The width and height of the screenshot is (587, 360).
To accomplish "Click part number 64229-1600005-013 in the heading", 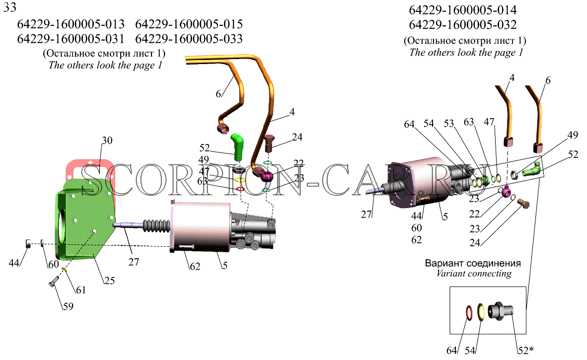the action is [x=71, y=24].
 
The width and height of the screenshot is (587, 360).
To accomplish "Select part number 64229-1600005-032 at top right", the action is [x=463, y=25].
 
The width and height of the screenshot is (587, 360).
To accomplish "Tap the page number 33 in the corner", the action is [x=10, y=7].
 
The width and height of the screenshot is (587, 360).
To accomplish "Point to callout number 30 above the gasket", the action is [x=107, y=141].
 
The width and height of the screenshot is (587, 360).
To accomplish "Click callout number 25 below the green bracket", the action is [x=109, y=280].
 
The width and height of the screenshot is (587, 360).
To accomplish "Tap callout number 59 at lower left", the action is [x=68, y=306].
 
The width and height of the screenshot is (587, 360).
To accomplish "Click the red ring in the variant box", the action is [x=469, y=312].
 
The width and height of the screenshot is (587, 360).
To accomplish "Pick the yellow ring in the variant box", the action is [x=481, y=312].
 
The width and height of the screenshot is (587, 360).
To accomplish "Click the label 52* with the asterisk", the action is [x=525, y=350].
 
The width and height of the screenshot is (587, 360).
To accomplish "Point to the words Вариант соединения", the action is [x=473, y=263].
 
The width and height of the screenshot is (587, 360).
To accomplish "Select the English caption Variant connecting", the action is [x=474, y=274].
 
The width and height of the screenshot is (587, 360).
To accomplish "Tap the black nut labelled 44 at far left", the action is [x=28, y=243].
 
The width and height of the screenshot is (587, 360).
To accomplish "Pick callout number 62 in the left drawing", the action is [x=195, y=266].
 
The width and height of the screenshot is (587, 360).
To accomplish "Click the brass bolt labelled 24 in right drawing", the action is [x=524, y=203].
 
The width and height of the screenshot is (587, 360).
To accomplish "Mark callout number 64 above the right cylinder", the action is [x=409, y=124].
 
